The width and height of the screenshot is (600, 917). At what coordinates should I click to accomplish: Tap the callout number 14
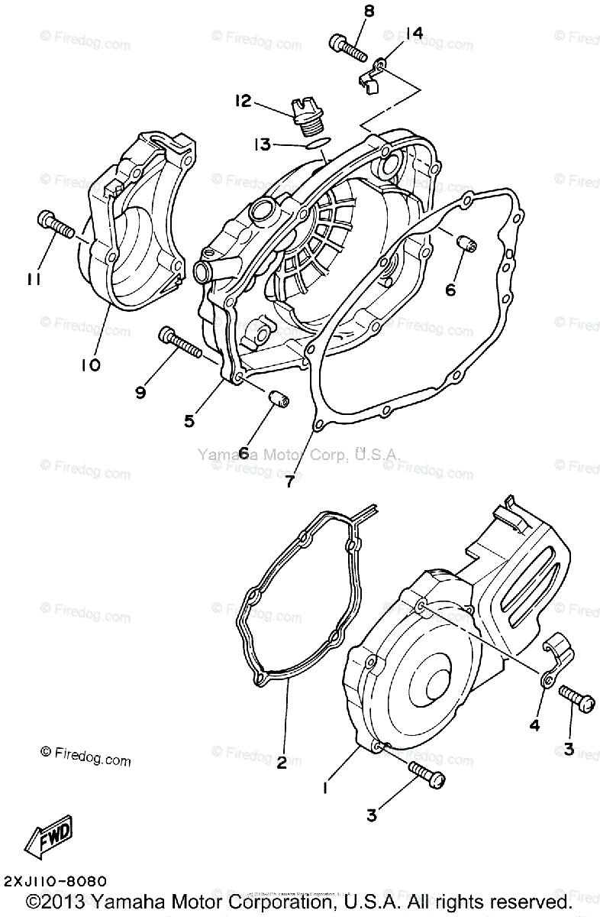coord(414,33)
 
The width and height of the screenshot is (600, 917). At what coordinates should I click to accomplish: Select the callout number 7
coord(289,481)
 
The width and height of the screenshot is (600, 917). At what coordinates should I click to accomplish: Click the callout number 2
coord(282,763)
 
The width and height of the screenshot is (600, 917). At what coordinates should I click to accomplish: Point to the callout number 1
coord(326,787)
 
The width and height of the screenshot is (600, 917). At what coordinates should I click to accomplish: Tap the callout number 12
coord(244,101)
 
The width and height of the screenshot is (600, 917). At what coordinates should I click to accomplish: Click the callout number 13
coord(261,144)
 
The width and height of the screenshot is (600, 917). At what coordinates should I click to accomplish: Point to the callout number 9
coord(140,393)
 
